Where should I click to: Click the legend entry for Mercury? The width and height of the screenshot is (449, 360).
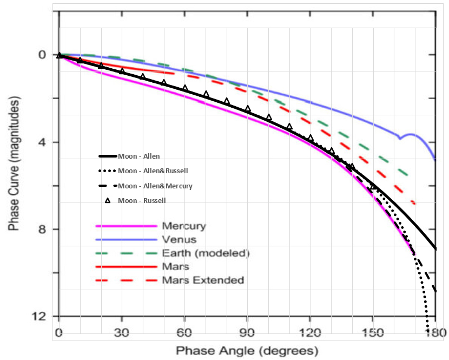pos(184,225)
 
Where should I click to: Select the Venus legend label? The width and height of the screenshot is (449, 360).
pos(176,239)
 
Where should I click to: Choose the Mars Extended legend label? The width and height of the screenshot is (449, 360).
pos(203,280)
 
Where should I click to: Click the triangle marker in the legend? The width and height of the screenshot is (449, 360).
pos(107,201)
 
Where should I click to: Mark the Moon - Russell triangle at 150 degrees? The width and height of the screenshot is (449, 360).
pos(373,187)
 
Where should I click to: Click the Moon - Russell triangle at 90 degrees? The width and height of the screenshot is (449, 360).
pos(248,109)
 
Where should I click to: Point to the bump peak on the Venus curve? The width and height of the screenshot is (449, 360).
pos(412,134)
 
